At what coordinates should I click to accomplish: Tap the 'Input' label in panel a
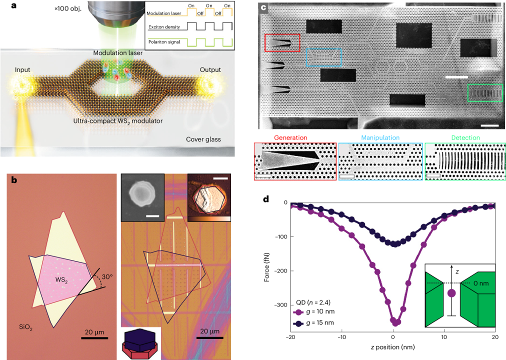coord(23,69)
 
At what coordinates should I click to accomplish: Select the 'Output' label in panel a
coord(210,69)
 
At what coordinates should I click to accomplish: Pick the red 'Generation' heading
coord(291,137)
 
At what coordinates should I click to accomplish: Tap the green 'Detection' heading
coord(465,137)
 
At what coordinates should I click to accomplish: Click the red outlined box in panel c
coord(282,43)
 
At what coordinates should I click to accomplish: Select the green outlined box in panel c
coord(484,93)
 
